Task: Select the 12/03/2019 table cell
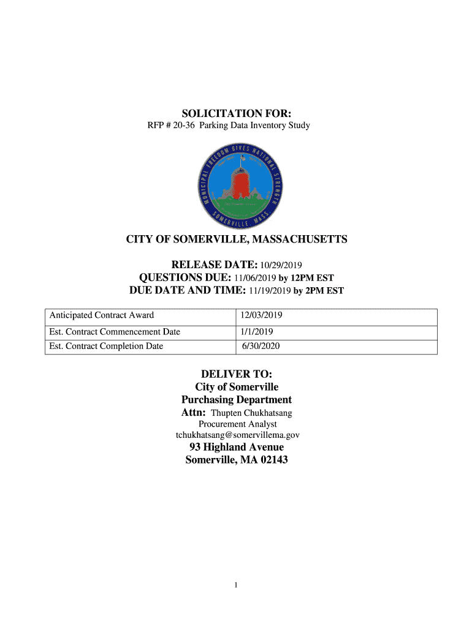coord(262,316)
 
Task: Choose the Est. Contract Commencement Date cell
coord(115,332)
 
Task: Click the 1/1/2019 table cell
coord(257,332)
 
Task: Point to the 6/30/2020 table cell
coord(262,347)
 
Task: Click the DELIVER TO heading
coord(237,374)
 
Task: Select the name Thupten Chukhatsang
coord(251,413)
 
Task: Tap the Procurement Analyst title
coord(238,424)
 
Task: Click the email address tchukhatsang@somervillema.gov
coord(238,435)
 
